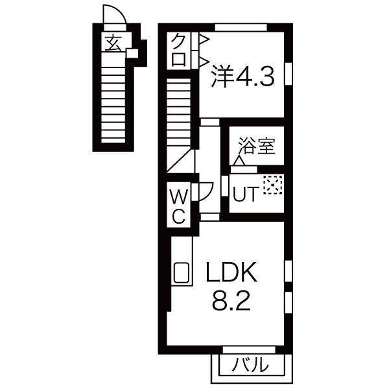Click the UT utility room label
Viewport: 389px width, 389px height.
pyautogui.click(x=246, y=193)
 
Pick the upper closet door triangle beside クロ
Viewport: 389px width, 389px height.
pyautogui.click(x=203, y=41)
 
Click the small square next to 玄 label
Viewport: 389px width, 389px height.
pyautogui.click(x=132, y=53)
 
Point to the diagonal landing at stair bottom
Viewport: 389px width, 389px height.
pyautogui.click(x=181, y=160)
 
